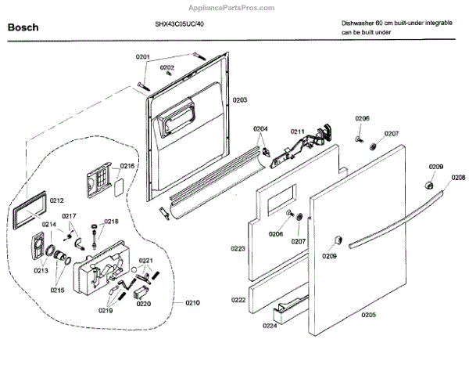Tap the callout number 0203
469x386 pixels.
tap(240, 100)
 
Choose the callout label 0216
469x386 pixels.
tap(127, 167)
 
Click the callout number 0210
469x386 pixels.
tap(192, 302)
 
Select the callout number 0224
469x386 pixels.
tap(270, 326)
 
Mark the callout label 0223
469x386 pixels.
tap(238, 248)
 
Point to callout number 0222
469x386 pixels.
tap(238, 300)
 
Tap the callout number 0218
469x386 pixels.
tap(112, 222)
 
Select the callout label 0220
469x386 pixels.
tap(143, 303)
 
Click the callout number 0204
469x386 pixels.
tap(260, 128)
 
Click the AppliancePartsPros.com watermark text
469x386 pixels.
tap(234, 7)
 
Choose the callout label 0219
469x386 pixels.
tap(105, 311)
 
